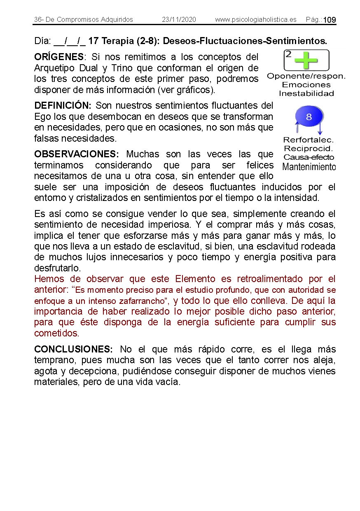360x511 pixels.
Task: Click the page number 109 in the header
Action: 330,20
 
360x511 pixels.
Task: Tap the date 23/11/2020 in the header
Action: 179,20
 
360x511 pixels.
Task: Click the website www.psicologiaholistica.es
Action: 255,20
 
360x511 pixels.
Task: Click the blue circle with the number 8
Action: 309,117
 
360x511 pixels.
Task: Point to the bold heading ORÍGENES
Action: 59,57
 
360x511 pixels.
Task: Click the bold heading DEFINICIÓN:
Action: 63,106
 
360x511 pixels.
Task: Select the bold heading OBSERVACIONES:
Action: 77,154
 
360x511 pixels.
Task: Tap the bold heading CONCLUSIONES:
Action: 73,350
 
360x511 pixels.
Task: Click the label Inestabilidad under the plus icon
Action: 306,93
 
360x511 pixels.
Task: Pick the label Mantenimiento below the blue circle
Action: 309,167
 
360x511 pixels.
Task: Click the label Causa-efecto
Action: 309,157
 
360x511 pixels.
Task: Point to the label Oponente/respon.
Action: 306,76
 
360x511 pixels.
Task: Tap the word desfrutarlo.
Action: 58,268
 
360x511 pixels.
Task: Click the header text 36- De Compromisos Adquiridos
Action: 84,20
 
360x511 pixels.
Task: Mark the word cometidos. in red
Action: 56,333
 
